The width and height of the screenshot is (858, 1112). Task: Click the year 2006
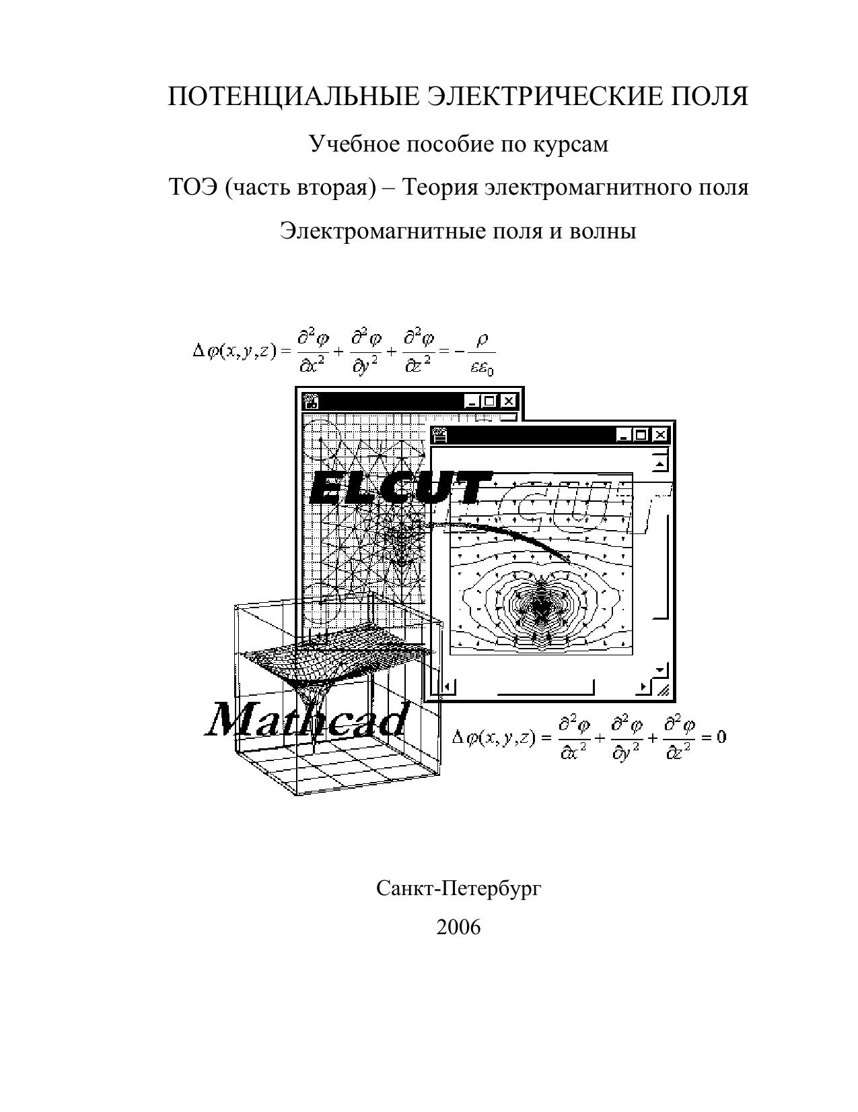pyautogui.click(x=458, y=927)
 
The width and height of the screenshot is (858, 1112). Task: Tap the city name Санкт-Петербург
pyautogui.click(x=458, y=888)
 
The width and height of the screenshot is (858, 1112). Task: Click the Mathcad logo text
pyautogui.click(x=307, y=719)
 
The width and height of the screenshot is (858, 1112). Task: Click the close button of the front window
pyautogui.click(x=661, y=435)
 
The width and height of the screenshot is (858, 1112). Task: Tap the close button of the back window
pyautogui.click(x=509, y=401)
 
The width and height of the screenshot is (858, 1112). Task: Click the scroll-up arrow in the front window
pyautogui.click(x=660, y=463)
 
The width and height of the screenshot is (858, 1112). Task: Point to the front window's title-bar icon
pyautogui.click(x=439, y=435)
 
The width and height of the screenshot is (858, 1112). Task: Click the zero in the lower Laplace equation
pyautogui.click(x=721, y=737)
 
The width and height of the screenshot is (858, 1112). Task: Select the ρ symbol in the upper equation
pyautogui.click(x=480, y=341)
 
